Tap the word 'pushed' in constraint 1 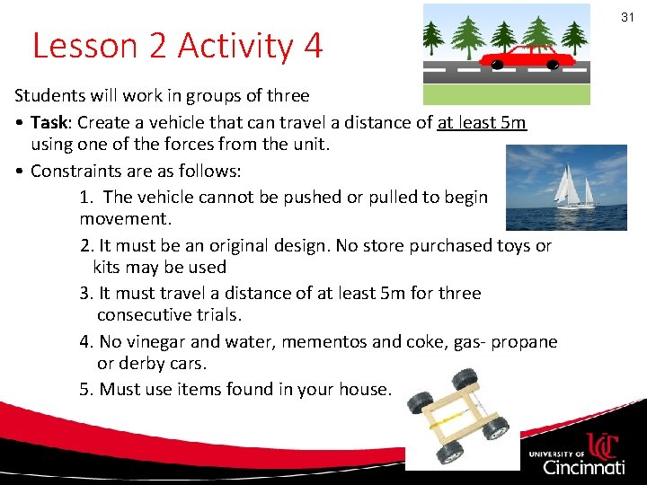click(x=312, y=197)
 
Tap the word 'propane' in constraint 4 click(x=525, y=341)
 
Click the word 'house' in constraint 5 click(x=363, y=389)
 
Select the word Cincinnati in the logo click(x=583, y=467)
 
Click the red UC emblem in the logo click(x=604, y=445)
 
